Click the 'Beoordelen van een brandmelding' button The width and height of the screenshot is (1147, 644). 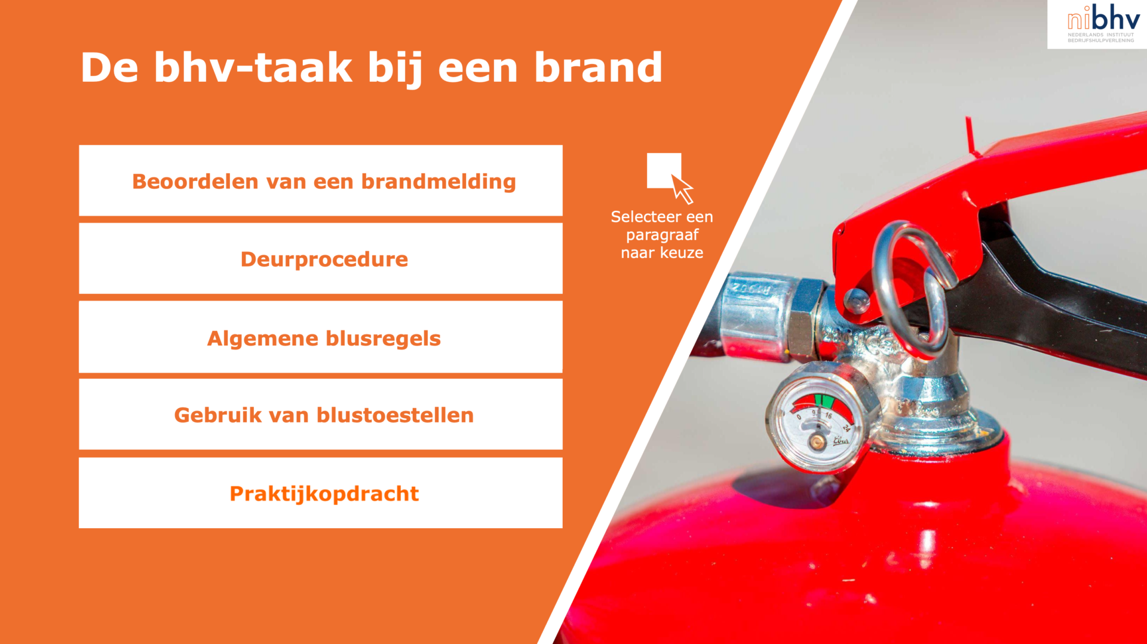point(321,180)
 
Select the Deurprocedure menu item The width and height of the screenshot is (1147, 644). point(321,259)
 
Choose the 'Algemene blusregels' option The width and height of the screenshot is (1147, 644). point(321,337)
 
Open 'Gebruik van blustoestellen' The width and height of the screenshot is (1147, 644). point(321,415)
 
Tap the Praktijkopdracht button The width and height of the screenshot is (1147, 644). point(321,493)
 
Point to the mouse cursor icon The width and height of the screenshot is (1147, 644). point(682,188)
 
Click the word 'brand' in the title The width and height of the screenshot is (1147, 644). point(598,68)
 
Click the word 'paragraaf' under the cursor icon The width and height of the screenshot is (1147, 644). point(662,235)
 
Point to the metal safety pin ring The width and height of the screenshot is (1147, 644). point(882,257)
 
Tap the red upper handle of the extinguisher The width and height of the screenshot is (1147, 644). point(1016,179)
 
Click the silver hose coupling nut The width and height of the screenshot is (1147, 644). point(804,320)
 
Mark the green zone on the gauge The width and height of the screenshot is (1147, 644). point(824,400)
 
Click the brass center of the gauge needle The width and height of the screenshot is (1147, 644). point(816,442)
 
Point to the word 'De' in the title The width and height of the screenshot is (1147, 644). point(109,68)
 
